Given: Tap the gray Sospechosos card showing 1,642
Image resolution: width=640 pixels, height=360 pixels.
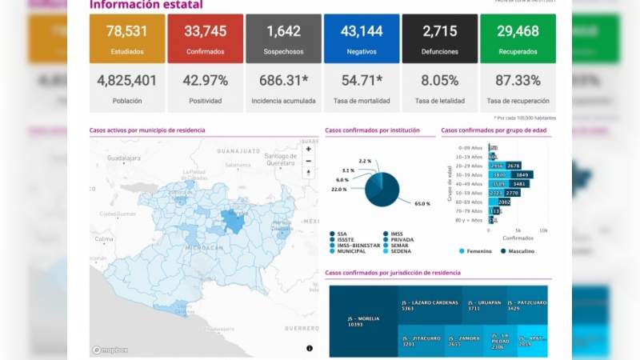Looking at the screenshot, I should pyautogui.click(x=283, y=38).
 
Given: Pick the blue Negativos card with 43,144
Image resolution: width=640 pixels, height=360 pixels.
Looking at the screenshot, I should pyautogui.click(x=361, y=38).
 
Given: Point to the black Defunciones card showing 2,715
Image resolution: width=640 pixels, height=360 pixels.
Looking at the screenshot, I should pyautogui.click(x=440, y=38).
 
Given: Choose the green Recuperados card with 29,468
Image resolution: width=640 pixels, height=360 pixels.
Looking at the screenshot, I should pyautogui.click(x=518, y=38).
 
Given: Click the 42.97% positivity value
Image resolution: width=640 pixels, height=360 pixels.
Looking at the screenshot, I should pyautogui.click(x=206, y=81).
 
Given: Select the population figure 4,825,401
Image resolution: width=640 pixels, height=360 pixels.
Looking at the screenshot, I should pyautogui.click(x=127, y=81).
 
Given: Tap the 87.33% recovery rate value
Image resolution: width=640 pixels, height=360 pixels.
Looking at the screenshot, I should pyautogui.click(x=518, y=81).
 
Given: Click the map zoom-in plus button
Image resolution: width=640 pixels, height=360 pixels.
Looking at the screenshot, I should pyautogui.click(x=309, y=149).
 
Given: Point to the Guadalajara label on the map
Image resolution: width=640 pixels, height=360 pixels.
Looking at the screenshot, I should pyautogui.click(x=118, y=158).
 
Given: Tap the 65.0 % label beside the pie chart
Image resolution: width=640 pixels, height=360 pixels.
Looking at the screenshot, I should pyautogui.click(x=422, y=204).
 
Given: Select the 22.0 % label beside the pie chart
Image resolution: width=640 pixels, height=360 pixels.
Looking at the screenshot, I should pyautogui.click(x=339, y=189).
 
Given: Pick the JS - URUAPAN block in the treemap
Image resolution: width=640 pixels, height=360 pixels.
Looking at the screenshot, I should pyautogui.click(x=484, y=305).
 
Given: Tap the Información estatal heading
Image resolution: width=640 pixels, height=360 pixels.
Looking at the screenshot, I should pyautogui.click(x=146, y=6).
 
